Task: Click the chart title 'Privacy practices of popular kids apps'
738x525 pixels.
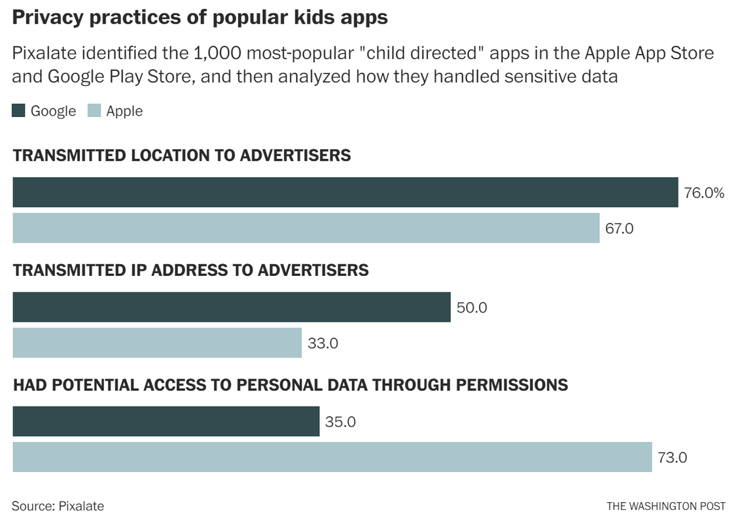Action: (x=200, y=18)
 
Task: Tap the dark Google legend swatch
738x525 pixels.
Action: (x=19, y=111)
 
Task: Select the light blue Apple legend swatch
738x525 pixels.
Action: (x=94, y=111)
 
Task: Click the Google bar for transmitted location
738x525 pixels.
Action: (x=345, y=192)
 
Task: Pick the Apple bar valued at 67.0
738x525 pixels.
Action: (x=306, y=228)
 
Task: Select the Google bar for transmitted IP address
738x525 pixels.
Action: (x=231, y=307)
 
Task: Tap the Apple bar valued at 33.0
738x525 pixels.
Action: (x=157, y=343)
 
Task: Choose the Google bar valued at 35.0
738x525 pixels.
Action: (x=166, y=422)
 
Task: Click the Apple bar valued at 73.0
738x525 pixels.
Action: (x=332, y=457)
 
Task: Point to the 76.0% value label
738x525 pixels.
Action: (x=704, y=193)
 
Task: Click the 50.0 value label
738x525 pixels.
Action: (x=472, y=307)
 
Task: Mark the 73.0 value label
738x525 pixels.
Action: (x=672, y=458)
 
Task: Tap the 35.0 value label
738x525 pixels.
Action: (x=340, y=422)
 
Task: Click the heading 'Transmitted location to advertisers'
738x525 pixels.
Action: (x=182, y=156)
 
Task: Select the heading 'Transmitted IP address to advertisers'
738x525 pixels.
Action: (x=190, y=270)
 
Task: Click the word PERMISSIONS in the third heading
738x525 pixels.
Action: (x=512, y=385)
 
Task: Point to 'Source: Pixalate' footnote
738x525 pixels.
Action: (x=58, y=506)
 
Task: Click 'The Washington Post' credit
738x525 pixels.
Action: (x=665, y=506)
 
